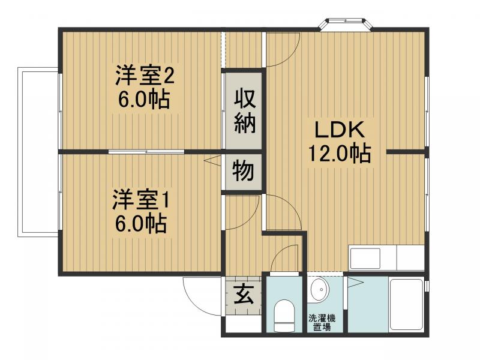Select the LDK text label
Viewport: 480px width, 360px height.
[338, 130]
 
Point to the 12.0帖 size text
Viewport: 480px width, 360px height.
[339, 154]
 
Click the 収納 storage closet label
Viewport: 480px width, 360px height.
[245, 111]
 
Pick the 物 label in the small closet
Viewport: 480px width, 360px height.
[244, 172]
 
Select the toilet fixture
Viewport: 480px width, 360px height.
[284, 316]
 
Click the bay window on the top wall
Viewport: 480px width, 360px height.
[347, 23]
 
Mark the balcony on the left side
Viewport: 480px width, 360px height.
[38, 152]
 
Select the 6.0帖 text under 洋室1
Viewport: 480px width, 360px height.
[141, 223]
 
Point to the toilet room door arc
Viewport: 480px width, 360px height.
[286, 259]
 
